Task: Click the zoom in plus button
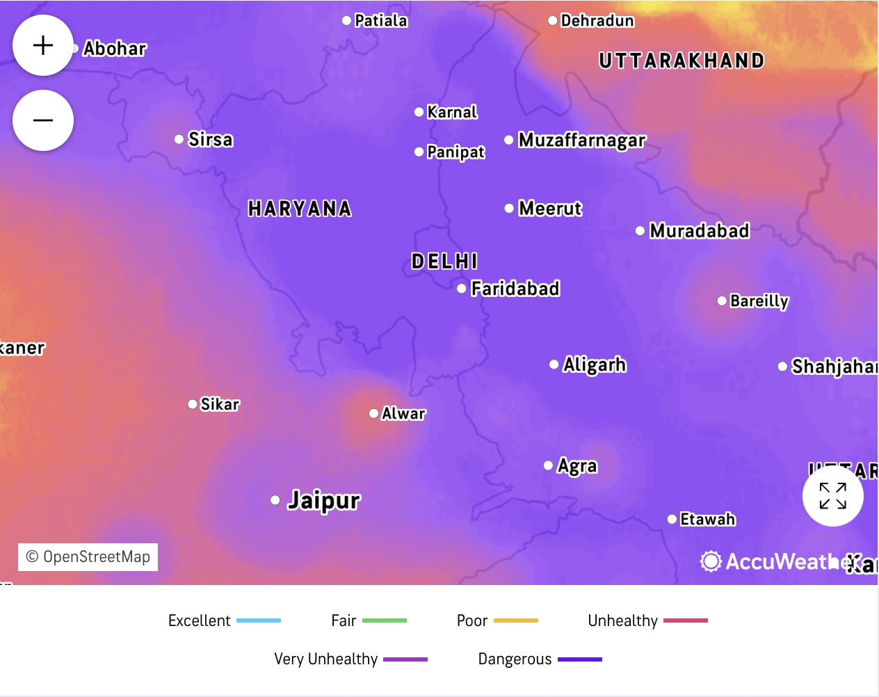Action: click(43, 45)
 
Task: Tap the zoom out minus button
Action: click(43, 120)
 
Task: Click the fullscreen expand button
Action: click(832, 496)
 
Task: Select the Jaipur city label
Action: click(324, 500)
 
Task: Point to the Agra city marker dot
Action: click(549, 465)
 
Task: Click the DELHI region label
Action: click(444, 262)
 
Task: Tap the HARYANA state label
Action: click(300, 209)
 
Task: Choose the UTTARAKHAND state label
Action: click(682, 61)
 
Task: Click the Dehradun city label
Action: click(597, 21)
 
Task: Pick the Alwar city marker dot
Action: click(374, 413)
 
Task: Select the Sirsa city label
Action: click(211, 140)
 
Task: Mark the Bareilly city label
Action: click(759, 301)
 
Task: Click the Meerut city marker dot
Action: click(509, 208)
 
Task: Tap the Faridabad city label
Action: click(515, 289)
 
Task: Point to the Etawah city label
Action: click(707, 520)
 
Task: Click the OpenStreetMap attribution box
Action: click(88, 557)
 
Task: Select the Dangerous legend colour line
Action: click(580, 659)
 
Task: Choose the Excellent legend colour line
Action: click(259, 620)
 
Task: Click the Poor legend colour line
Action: click(516, 620)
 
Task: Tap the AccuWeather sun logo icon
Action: click(711, 561)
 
